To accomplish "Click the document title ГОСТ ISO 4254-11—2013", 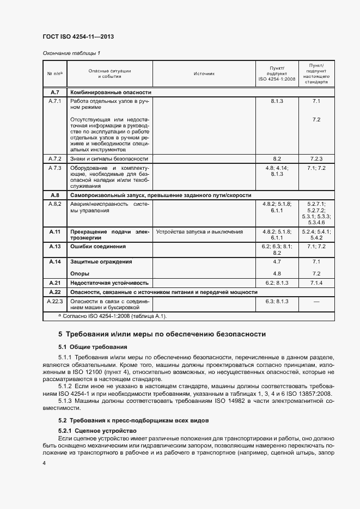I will click(x=78, y=36).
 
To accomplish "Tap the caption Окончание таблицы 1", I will click(x=71, y=53).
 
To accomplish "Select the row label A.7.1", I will click(x=55, y=101).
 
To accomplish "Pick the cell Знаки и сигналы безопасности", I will click(x=109, y=158).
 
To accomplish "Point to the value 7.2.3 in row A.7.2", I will click(x=317, y=158).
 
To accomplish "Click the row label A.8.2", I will click(x=55, y=204).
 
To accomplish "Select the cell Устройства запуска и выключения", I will click(x=199, y=231).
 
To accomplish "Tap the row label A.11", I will click(x=55, y=231).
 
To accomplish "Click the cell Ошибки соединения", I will click(x=94, y=247).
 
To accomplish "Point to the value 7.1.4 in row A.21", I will click(x=317, y=283).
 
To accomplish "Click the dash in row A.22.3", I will click(x=317, y=301).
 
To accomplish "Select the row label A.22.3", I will click(x=55, y=301).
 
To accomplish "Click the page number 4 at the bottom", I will click(x=44, y=463).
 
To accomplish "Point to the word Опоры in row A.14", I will click(x=80, y=273).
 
